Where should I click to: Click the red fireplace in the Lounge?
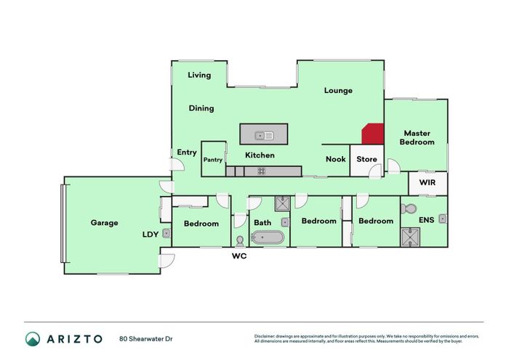tap(372, 134)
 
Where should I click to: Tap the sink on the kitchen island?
tap(264, 134)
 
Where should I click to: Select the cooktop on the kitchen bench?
tap(261, 171)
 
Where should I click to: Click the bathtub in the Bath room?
tap(268, 237)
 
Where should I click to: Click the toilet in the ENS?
tap(410, 208)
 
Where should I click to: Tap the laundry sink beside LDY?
tap(167, 233)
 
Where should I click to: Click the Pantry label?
tap(213, 160)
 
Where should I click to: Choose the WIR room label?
tap(427, 183)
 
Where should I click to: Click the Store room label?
tap(366, 160)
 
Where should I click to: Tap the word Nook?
tap(335, 160)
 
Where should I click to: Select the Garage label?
tap(104, 223)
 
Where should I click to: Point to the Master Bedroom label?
tap(417, 138)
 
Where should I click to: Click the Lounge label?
tap(338, 91)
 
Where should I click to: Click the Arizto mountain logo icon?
tap(33, 338)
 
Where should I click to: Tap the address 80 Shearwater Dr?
tap(146, 338)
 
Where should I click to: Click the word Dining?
tap(201, 108)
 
